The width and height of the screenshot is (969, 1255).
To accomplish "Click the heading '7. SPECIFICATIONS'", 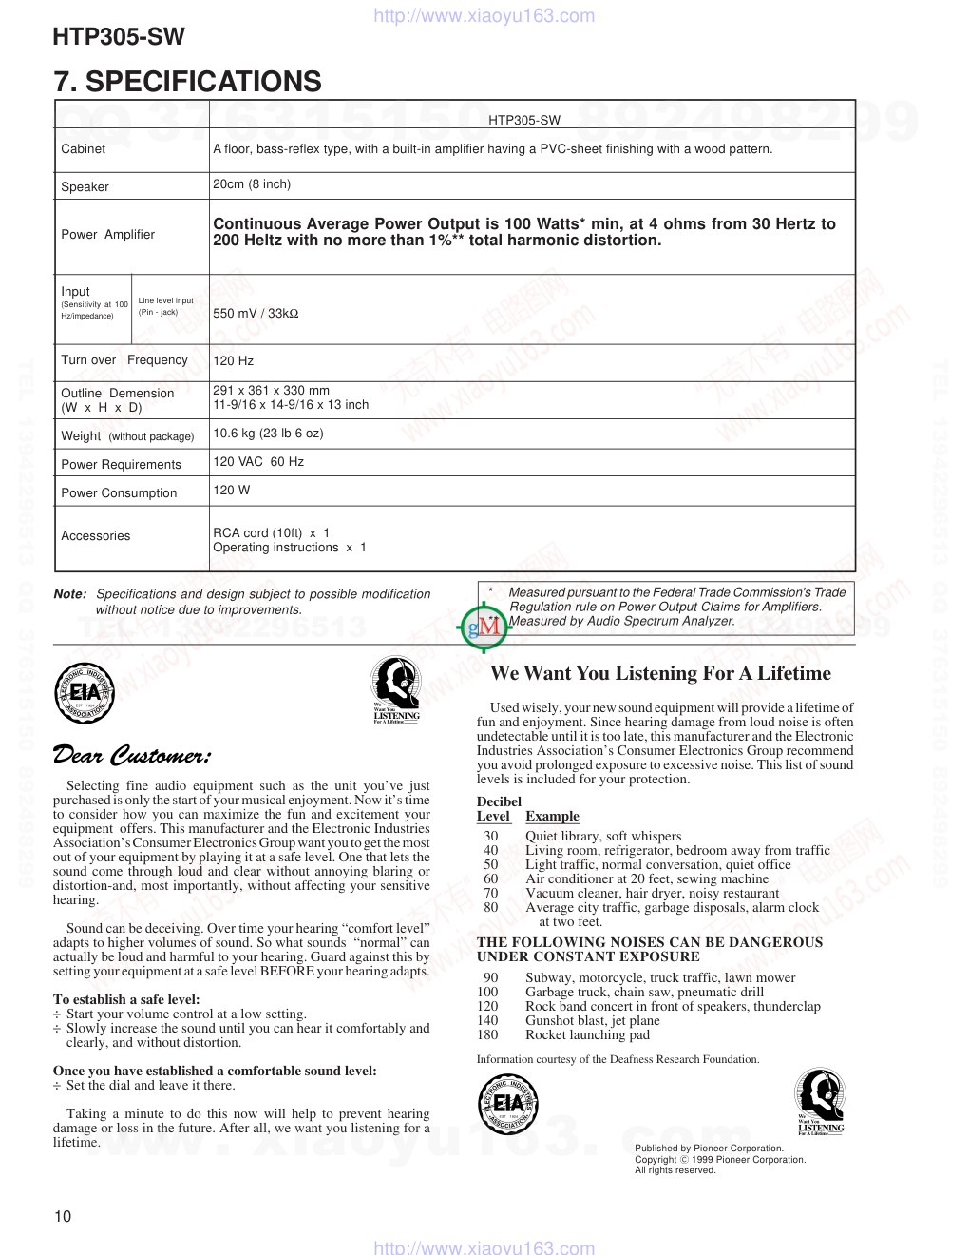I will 188,82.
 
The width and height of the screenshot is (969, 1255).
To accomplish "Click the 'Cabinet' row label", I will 84,149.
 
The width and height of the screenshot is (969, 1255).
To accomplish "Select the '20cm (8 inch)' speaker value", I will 252,184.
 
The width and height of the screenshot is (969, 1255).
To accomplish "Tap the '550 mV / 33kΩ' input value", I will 256,313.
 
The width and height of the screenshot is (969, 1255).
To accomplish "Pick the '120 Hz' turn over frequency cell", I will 234,361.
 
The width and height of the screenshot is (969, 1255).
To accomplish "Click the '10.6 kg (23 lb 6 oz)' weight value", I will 268,434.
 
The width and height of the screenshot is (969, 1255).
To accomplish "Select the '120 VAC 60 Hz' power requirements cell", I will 258,462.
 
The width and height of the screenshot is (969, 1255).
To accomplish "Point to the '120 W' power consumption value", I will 232,491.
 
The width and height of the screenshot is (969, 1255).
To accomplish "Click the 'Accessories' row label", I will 96,536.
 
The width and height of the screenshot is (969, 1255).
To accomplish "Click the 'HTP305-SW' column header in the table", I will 524,121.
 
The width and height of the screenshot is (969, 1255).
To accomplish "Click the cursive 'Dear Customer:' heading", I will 132,756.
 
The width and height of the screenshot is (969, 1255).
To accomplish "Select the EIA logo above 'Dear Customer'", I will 85,694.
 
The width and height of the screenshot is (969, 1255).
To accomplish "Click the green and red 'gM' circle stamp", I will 484,627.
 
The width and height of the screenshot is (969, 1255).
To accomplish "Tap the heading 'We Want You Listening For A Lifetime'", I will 660,674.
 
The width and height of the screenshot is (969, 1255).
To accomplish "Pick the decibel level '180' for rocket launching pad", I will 487,1035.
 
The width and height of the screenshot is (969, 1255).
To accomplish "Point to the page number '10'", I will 63,1216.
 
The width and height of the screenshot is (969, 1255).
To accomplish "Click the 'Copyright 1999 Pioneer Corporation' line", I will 720,1160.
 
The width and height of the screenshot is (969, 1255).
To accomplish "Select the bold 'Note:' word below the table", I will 70,594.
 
